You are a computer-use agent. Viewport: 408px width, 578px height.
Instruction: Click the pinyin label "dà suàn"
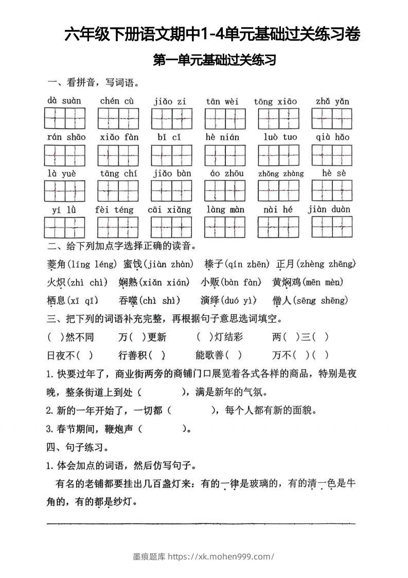click(64, 100)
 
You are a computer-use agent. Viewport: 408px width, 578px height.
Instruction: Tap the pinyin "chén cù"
click(117, 101)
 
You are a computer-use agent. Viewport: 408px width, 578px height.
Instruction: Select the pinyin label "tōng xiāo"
click(275, 101)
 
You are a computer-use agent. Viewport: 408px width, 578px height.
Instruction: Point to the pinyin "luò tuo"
click(280, 138)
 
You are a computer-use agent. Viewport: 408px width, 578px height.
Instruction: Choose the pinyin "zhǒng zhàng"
click(280, 174)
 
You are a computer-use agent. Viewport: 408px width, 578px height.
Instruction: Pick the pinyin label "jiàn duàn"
click(329, 209)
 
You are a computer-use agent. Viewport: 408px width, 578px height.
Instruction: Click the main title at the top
click(212, 35)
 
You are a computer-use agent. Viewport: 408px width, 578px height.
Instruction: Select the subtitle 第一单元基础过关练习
click(215, 61)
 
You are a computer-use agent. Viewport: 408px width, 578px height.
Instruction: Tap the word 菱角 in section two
click(56, 264)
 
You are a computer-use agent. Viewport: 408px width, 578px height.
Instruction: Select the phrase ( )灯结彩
click(220, 337)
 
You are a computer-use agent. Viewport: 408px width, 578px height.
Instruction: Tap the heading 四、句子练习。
click(77, 447)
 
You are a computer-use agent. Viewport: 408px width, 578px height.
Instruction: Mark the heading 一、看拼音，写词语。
click(93, 82)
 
